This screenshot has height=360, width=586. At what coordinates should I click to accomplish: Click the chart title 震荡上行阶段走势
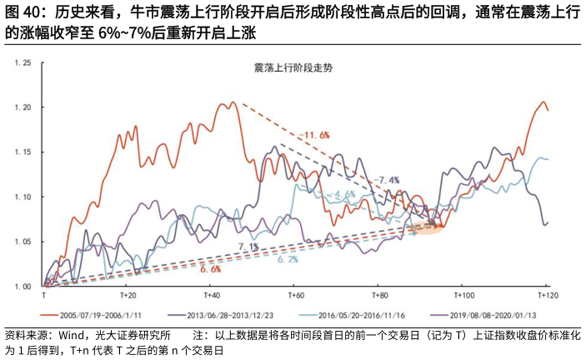point(293,67)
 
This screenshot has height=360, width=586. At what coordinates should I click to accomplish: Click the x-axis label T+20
point(127,296)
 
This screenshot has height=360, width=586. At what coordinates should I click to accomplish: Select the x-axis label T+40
point(211,296)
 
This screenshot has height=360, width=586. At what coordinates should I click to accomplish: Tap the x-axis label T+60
point(295,296)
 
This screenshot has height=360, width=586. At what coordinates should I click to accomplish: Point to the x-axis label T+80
point(379,296)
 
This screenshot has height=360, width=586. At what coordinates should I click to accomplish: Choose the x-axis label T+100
point(463,296)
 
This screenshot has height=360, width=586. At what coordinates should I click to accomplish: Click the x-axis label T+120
point(546,296)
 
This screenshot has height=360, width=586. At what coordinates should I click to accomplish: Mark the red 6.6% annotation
point(210,269)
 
